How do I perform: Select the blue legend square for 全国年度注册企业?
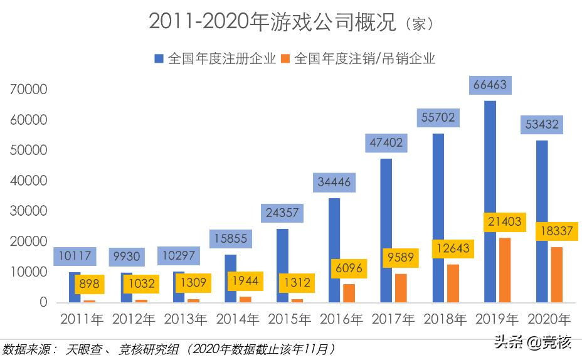coord(159,58)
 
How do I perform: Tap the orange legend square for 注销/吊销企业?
coord(285,58)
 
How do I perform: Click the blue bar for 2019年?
coord(490,201)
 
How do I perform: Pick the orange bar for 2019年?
coord(504,270)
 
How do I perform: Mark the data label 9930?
coord(126,256)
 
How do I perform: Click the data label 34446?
coord(334,182)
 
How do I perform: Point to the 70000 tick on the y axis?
coord(29,90)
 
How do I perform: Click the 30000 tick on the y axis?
coord(29,211)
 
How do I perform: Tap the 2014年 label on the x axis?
coord(238,319)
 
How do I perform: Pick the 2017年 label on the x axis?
coord(393,319)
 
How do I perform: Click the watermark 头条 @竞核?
coord(533,342)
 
